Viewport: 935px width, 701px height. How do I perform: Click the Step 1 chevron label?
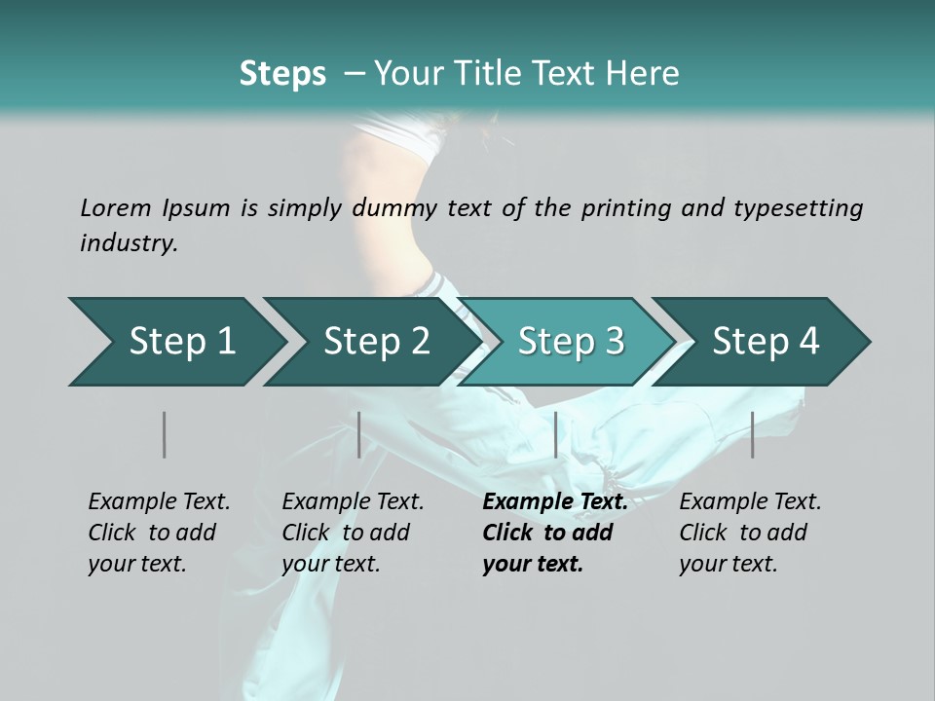pyautogui.click(x=182, y=341)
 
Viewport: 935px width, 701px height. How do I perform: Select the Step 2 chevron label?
pyautogui.click(x=377, y=341)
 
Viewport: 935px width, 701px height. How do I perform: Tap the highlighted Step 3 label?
pyautogui.click(x=571, y=341)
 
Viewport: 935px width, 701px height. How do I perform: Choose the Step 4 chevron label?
pyautogui.click(x=766, y=341)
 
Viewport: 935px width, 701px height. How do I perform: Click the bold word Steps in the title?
pyautogui.click(x=282, y=73)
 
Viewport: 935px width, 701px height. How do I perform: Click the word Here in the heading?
pyautogui.click(x=642, y=73)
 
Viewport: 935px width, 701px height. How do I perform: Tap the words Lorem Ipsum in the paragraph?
pyautogui.click(x=155, y=207)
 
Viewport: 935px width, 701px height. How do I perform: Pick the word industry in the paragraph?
pyautogui.click(x=129, y=242)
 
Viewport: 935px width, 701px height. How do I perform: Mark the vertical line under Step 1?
pyautogui.click(x=165, y=434)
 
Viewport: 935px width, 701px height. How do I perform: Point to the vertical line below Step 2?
pyautogui.click(x=359, y=434)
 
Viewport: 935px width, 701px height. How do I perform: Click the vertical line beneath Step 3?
pyautogui.click(x=555, y=434)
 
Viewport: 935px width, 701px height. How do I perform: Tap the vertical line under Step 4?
pyautogui.click(x=752, y=434)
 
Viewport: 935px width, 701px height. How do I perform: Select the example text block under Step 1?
pyautogui.click(x=159, y=533)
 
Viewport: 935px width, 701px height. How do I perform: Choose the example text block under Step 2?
pyautogui.click(x=353, y=533)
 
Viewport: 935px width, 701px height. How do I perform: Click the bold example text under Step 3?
pyautogui.click(x=555, y=533)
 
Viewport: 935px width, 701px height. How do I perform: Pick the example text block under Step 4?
pyautogui.click(x=750, y=533)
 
